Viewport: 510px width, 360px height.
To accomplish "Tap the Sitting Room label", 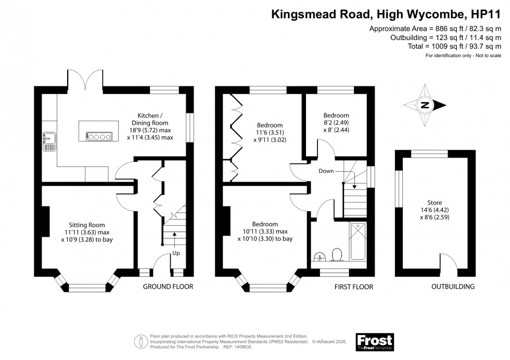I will pyautogui.click(x=87, y=225).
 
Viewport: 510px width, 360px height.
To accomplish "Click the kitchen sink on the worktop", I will pyautogui.click(x=50, y=140).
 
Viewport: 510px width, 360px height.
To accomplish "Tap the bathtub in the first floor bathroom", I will pyautogui.click(x=358, y=241).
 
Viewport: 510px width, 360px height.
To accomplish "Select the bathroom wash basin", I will pyautogui.click(x=319, y=256).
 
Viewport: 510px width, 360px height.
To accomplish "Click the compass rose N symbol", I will pyautogui.click(x=425, y=105).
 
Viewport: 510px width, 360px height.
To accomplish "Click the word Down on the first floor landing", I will pyautogui.click(x=326, y=171).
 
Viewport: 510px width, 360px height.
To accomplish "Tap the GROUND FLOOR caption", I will pyautogui.click(x=168, y=287).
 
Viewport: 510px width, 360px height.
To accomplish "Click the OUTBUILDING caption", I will pyautogui.click(x=452, y=287).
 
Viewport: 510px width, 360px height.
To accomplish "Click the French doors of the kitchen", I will pyautogui.click(x=85, y=79).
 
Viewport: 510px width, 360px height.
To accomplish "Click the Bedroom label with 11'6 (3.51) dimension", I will pyautogui.click(x=270, y=125).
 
